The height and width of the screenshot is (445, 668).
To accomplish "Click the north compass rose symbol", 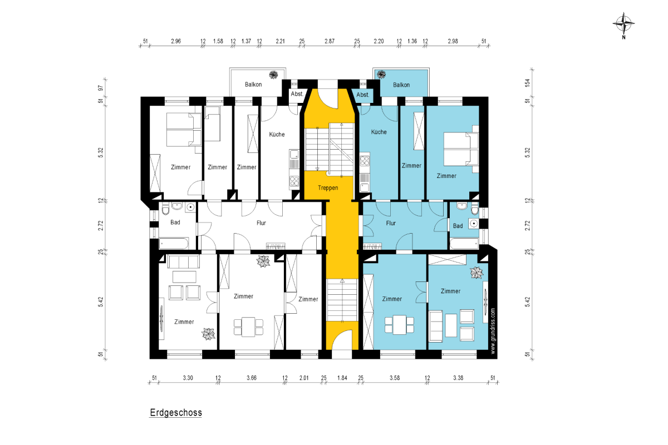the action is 623,23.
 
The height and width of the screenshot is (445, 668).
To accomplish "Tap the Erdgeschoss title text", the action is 176,413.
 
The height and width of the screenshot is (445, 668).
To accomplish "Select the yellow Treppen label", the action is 328,188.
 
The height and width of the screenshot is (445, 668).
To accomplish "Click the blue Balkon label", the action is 401,85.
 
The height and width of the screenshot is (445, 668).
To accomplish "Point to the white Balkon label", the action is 253,85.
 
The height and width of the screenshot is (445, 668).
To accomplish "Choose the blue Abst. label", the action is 363,95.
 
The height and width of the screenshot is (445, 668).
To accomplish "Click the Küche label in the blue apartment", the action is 379,132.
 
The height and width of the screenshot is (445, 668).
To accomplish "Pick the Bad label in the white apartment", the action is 175,222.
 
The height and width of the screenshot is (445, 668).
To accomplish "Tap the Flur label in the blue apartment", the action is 391,223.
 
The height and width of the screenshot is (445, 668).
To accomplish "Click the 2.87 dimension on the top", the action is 330,41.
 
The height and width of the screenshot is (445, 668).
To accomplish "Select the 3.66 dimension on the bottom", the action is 252,378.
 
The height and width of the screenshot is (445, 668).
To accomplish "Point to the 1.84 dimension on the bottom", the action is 342,378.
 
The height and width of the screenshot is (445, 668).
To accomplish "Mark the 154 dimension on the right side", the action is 528,83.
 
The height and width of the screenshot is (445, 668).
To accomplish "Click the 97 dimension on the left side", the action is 101,88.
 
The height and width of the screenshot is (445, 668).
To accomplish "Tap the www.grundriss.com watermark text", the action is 493,331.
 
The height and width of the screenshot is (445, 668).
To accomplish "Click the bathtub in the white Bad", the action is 174,244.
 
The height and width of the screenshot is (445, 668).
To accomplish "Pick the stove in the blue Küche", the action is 365,161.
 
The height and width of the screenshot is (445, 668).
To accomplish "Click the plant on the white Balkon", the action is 273,75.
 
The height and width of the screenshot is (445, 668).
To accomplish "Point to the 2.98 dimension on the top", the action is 453,41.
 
